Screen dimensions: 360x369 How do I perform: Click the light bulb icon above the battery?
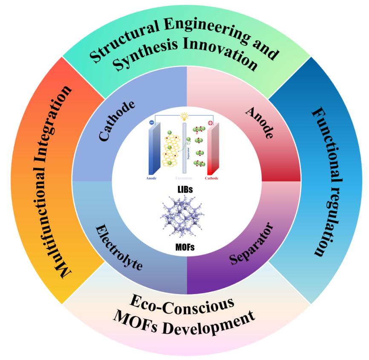[184, 116]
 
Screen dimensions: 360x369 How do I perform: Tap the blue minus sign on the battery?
[152, 122]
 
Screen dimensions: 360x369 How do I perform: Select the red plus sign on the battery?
[210, 123]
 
